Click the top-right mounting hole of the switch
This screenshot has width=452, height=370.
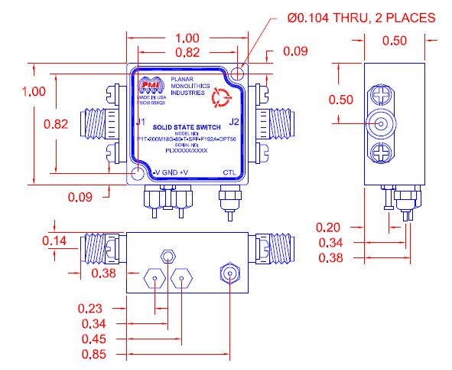coord(240,72)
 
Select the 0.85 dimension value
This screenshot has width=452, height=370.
coord(91,355)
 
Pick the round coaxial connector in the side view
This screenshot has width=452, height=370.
coord(382,123)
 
